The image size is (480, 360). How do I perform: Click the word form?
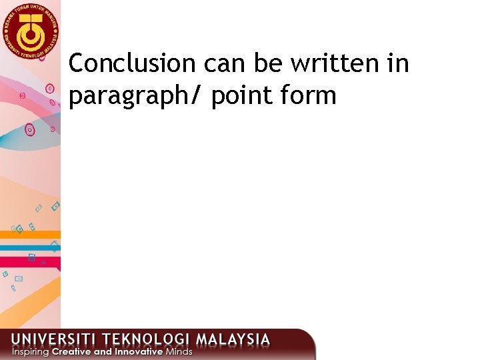click(x=309, y=97)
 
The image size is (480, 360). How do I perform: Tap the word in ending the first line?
click(x=399, y=64)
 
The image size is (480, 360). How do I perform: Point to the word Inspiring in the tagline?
click(x=30, y=351)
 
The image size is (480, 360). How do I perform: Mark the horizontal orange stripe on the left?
click(x=30, y=235)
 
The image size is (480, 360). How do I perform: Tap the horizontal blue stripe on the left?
click(x=30, y=247)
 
